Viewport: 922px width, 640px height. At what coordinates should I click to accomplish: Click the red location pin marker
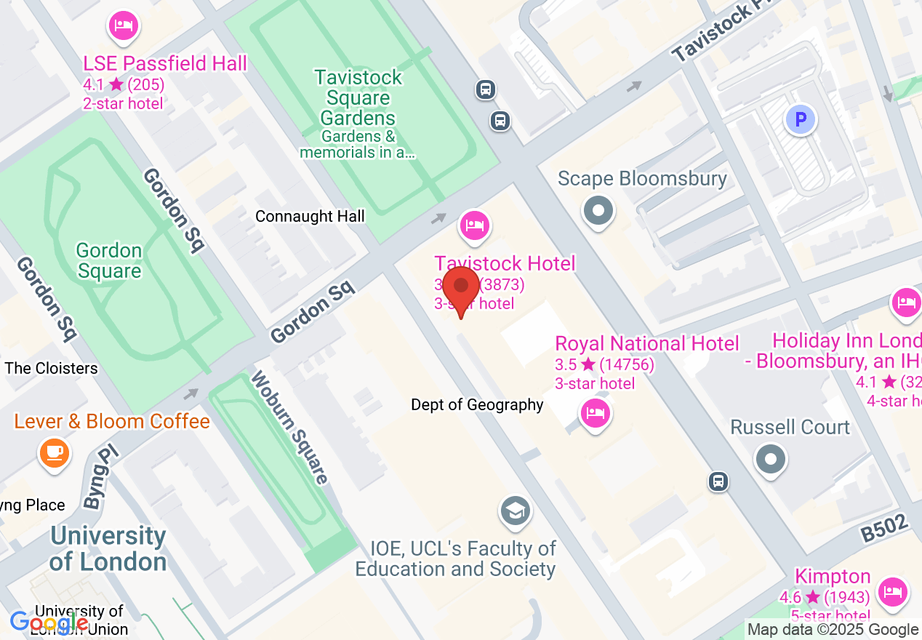[460, 287]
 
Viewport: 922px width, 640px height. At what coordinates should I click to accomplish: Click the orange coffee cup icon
[54, 452]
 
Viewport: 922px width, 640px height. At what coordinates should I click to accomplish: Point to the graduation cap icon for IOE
[515, 511]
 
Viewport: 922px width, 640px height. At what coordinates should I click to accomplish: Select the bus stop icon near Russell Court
[718, 481]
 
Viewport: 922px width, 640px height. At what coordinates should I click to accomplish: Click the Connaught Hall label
[310, 217]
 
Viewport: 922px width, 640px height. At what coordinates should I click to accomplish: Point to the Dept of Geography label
[477, 404]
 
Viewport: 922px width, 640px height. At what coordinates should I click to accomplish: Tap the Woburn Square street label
[290, 427]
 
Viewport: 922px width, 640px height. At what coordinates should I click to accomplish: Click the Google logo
[49, 623]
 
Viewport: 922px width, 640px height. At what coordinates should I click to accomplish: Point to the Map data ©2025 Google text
[833, 630]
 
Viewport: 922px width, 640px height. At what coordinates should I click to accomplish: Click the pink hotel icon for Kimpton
[892, 591]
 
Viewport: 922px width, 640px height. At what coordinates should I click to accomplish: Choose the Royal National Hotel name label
[646, 343]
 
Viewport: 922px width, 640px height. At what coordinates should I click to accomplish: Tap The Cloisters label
[51, 368]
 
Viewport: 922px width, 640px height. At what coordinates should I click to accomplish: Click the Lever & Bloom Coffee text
[112, 421]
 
